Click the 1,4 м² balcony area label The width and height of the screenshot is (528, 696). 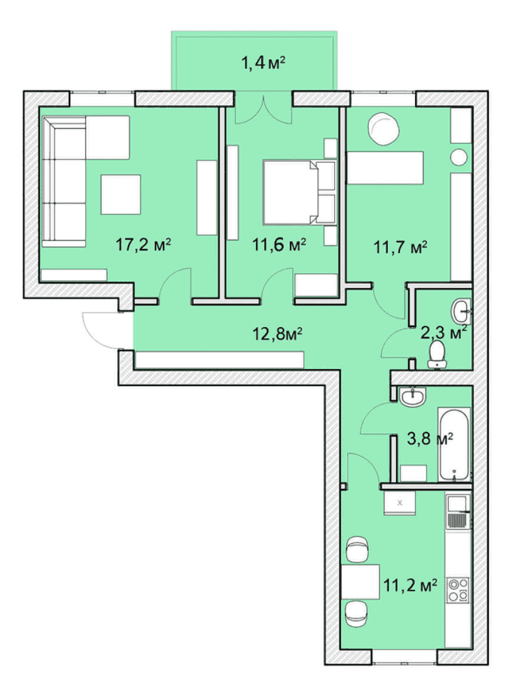coord(263,63)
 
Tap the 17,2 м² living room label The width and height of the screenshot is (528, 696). coord(143,245)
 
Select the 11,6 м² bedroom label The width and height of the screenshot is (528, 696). coord(279,245)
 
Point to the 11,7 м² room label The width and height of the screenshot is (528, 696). coord(401,247)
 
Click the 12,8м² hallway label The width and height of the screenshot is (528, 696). coord(277,334)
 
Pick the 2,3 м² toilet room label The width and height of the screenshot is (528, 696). coord(443,332)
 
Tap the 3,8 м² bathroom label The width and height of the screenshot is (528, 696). coord(430,439)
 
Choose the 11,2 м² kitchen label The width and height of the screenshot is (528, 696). coord(410,585)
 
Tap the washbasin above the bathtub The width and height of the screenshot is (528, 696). coord(413,397)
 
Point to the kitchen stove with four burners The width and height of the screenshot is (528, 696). coord(458,590)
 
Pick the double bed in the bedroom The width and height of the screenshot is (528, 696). coord(300,192)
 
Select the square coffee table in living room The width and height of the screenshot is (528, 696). coord(121,194)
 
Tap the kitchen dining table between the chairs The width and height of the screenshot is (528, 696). coord(360,582)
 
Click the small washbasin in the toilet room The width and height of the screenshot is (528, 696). coord(460,311)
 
